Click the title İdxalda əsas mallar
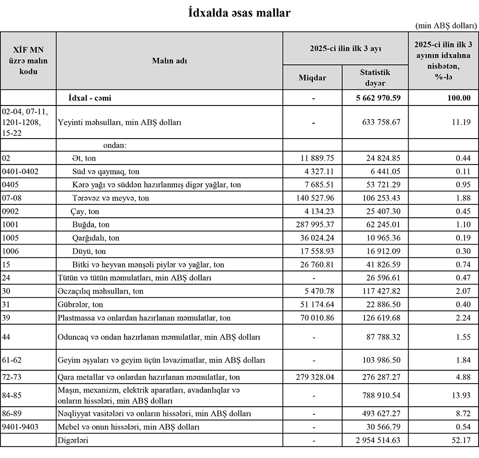(x=239, y=13)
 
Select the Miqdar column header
(x=312, y=77)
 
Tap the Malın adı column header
(x=170, y=60)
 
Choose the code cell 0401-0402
(x=20, y=171)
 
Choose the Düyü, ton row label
(x=88, y=251)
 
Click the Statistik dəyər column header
(x=375, y=77)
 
